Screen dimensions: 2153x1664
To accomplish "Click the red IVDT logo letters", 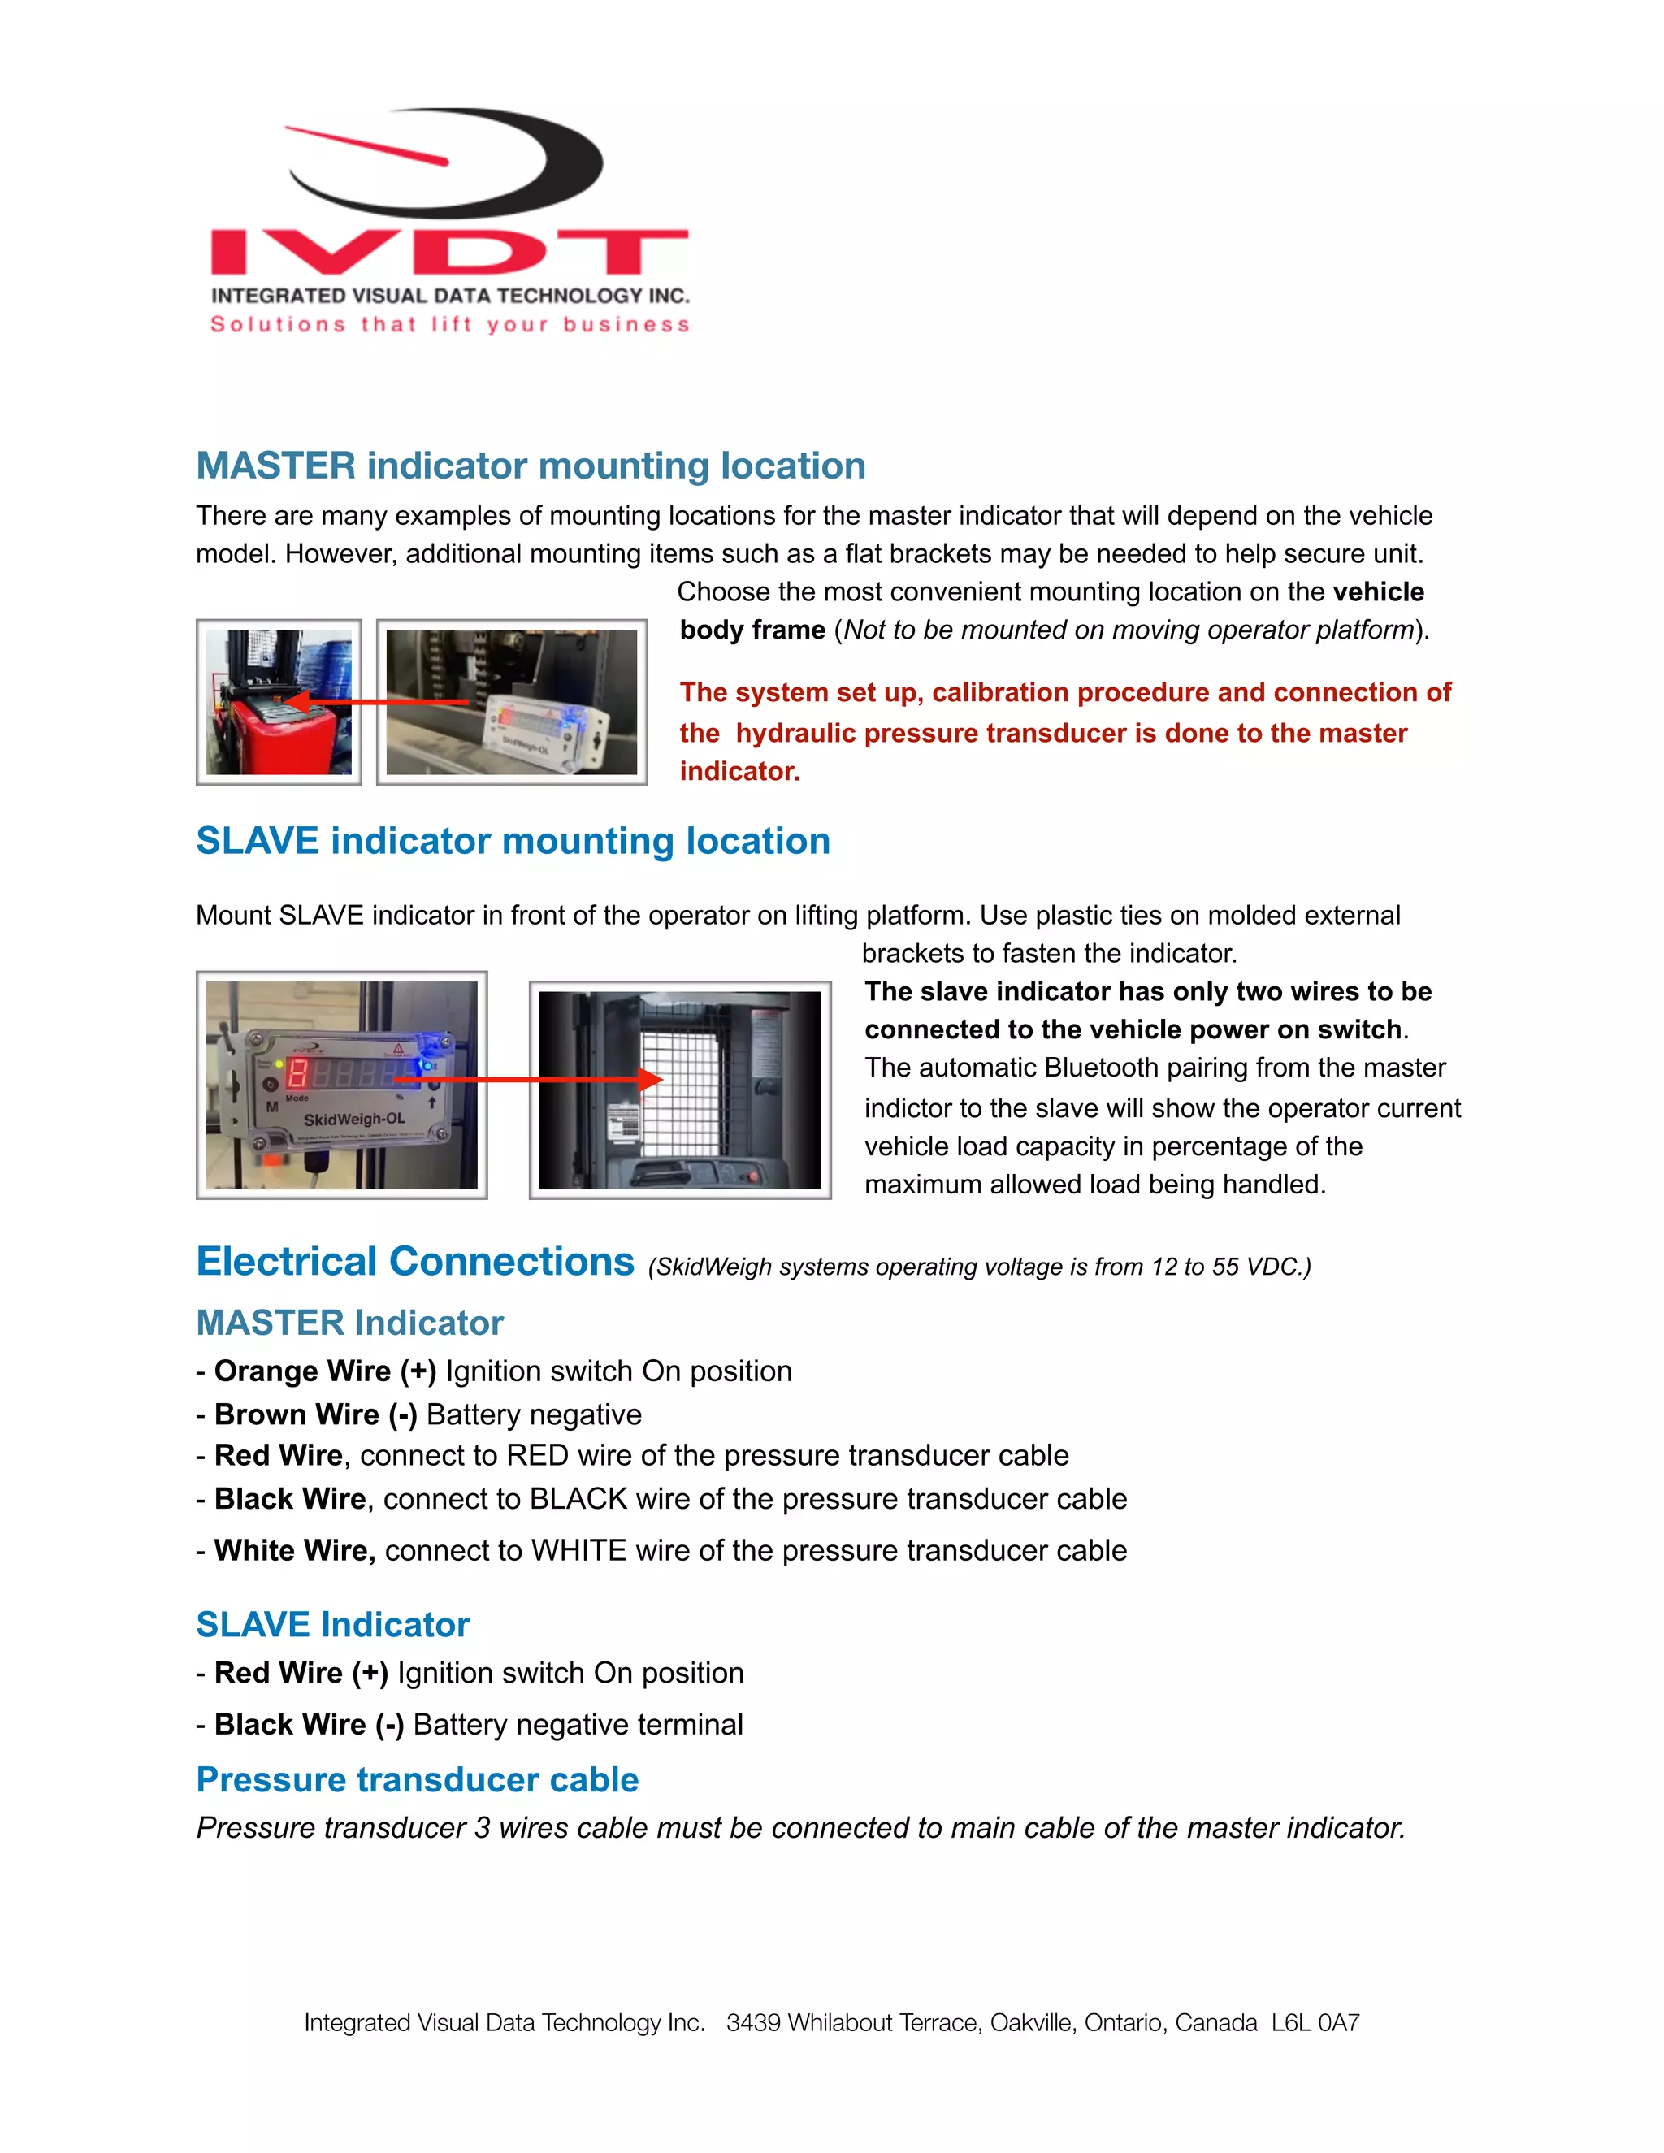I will click(448, 253).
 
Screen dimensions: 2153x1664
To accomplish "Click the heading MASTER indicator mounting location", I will click(531, 466).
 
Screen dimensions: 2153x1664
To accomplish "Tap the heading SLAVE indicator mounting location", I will click(513, 841).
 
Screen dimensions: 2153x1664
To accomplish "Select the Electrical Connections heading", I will click(415, 1262).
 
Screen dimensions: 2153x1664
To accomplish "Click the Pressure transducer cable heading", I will click(417, 1779).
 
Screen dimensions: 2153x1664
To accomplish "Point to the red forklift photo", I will click(279, 702).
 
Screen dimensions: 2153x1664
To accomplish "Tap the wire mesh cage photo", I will click(680, 1089).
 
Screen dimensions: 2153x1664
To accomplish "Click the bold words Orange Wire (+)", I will click(325, 1371).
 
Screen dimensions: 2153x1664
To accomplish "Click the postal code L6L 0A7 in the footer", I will click(1315, 2023).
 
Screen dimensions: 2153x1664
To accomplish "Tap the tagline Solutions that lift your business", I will click(449, 324).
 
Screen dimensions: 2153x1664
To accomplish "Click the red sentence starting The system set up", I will click(1064, 731).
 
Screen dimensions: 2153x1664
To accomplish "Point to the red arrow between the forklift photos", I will click(384, 702).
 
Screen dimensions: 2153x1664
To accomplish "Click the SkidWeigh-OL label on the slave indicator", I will click(354, 1120).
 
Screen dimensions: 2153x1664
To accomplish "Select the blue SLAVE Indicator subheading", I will click(332, 1625).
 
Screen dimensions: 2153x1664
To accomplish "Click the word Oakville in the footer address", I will click(1032, 2023).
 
